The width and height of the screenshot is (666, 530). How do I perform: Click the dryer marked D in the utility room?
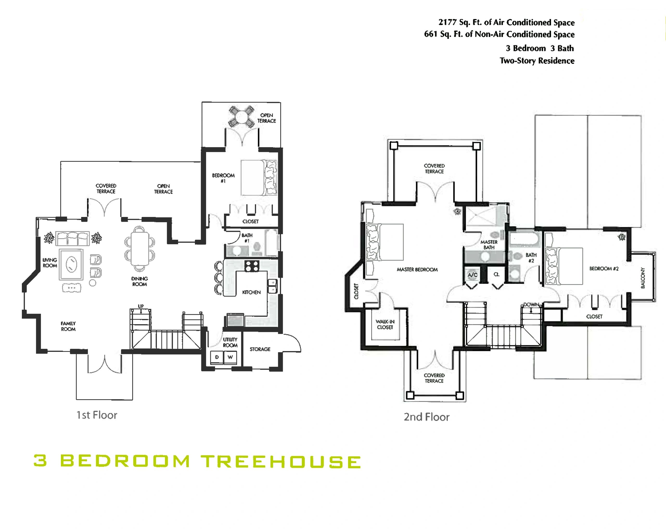click(217, 357)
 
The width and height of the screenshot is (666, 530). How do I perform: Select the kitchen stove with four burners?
click(252, 266)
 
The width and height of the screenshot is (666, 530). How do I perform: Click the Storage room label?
click(260, 349)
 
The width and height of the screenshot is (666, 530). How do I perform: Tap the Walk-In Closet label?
click(385, 324)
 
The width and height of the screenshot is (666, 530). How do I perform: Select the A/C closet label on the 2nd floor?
click(472, 275)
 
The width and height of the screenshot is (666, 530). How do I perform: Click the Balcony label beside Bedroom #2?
click(643, 278)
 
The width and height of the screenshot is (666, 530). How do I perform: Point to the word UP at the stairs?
click(141, 306)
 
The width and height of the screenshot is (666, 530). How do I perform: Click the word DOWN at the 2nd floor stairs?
click(531, 304)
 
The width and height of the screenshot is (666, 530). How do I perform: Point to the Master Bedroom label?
click(417, 270)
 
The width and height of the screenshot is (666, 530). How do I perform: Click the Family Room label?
click(68, 326)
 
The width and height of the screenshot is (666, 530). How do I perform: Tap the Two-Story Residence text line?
click(537, 61)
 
